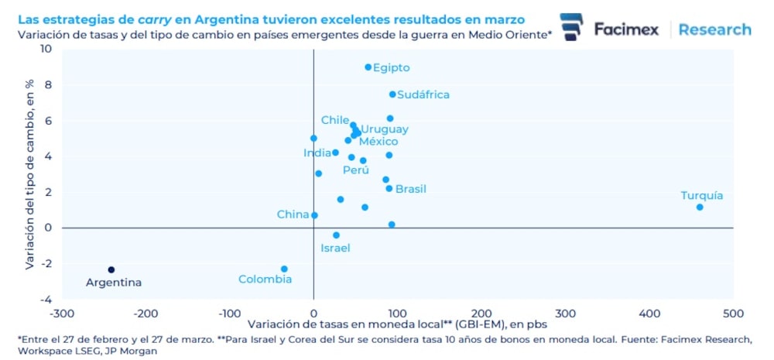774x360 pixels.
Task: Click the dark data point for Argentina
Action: click(x=111, y=269)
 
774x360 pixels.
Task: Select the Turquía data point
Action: click(x=700, y=207)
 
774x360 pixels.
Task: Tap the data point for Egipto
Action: click(x=368, y=67)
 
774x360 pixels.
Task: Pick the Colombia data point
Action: click(x=284, y=269)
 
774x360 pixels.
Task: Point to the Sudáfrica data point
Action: click(x=392, y=94)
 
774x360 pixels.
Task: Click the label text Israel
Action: click(x=335, y=248)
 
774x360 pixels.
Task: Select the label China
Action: click(x=293, y=214)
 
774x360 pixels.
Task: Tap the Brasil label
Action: click(x=410, y=189)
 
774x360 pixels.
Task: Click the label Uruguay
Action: click(x=385, y=129)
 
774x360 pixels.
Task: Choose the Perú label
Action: click(x=356, y=170)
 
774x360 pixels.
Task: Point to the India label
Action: click(x=317, y=153)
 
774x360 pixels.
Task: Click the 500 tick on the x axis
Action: click(x=733, y=314)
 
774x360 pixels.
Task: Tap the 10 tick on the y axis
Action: click(x=46, y=49)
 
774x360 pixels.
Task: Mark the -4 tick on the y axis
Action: click(x=46, y=300)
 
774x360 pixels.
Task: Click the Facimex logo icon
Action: click(x=571, y=29)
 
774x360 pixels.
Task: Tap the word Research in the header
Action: click(x=714, y=29)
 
